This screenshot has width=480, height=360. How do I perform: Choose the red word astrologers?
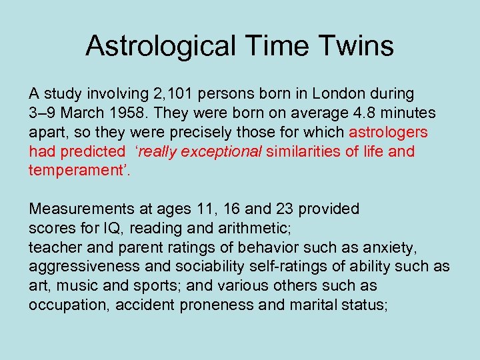(x=388, y=133)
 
